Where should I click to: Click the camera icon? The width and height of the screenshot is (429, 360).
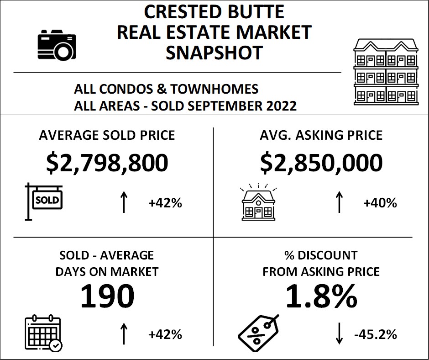click(x=57, y=44)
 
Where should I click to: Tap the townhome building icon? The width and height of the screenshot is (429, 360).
click(x=386, y=71)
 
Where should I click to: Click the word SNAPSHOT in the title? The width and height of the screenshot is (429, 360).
click(x=214, y=53)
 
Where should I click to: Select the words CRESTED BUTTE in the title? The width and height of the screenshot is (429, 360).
click(x=214, y=11)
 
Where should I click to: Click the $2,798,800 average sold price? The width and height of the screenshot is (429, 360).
click(x=107, y=163)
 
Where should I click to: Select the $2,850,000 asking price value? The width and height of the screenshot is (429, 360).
click(x=321, y=163)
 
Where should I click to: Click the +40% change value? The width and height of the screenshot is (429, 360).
click(x=380, y=203)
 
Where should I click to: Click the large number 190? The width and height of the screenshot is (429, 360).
click(x=107, y=296)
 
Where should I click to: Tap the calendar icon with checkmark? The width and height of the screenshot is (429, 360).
click(x=42, y=333)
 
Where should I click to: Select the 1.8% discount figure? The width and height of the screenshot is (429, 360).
click(x=321, y=296)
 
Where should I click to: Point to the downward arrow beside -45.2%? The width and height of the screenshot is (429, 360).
click(x=339, y=334)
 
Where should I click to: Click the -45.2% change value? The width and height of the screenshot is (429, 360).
click(x=375, y=334)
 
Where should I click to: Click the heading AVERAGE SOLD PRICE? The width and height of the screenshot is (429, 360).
click(x=107, y=135)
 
